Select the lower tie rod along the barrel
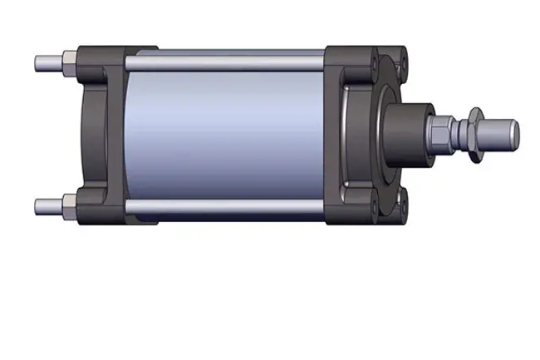tap(224, 205)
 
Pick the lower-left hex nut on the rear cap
tap(69, 204)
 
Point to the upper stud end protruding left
tap(47, 62)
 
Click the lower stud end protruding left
tap(47, 205)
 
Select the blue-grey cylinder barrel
tap(224, 133)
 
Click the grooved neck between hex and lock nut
tap(458, 130)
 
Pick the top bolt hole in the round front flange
tap(402, 62)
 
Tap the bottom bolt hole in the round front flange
tap(402, 200)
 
